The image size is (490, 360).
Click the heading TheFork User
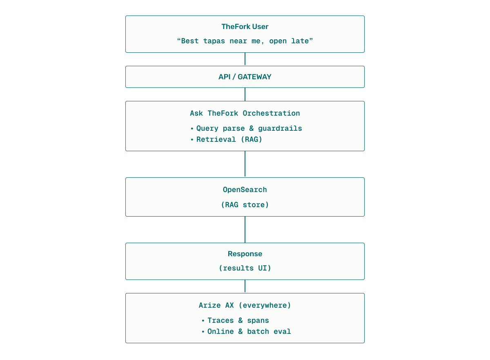pos(245,27)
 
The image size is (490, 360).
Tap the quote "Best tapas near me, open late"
pos(245,41)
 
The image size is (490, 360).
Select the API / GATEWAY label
pos(245,77)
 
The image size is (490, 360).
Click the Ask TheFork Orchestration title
pos(245,113)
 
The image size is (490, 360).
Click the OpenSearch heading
pos(245,190)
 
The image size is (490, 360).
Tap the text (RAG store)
pos(245,205)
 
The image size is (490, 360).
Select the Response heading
pos(245,254)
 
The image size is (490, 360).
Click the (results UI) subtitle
pos(245,268)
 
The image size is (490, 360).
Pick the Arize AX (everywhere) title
pos(245,305)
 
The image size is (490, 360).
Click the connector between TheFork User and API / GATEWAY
pos(245,59)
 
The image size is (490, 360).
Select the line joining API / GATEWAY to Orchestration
pos(245,94)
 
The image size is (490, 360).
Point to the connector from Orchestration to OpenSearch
pos(245,164)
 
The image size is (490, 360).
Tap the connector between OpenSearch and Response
pos(245,230)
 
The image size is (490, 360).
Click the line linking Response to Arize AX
pos(245,286)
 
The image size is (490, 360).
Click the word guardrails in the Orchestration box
pos(280,128)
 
